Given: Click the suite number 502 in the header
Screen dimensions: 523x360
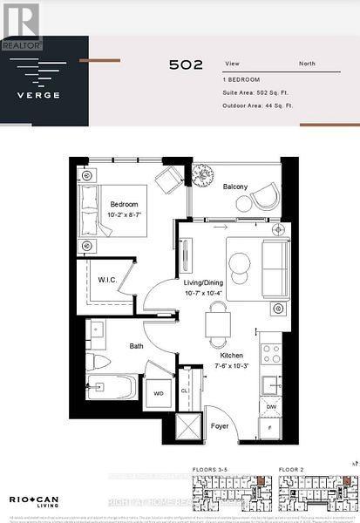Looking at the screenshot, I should pyautogui.click(x=187, y=65).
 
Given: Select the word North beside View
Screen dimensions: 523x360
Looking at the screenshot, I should pyautogui.click(x=308, y=63).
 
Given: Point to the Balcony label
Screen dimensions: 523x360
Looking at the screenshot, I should pyautogui.click(x=234, y=187).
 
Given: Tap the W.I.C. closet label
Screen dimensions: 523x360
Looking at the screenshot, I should pyautogui.click(x=108, y=280).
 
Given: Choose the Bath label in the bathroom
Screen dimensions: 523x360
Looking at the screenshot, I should pyautogui.click(x=136, y=345).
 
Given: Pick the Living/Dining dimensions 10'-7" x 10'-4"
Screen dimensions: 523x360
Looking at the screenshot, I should pyautogui.click(x=204, y=294).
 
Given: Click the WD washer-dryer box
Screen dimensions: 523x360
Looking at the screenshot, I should pyautogui.click(x=159, y=393).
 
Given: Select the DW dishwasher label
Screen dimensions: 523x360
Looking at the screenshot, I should pyautogui.click(x=270, y=407).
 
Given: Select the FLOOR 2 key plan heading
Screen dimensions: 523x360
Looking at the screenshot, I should pyautogui.click(x=291, y=470).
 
